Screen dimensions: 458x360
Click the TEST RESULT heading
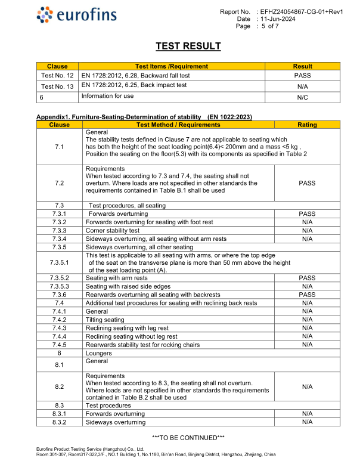pos(188,46)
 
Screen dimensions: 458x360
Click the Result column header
pos(302,66)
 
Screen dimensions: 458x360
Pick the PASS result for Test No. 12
pos(302,76)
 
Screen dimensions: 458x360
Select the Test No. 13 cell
pos(57,86)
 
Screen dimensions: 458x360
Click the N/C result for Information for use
pos(302,97)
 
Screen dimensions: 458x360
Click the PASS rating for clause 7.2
pos(307,183)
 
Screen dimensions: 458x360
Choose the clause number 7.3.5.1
pos(60,262)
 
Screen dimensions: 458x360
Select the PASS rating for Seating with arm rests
pos(307,278)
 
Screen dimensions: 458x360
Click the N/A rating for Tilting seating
pos(307,320)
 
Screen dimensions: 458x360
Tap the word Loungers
pos(99,353)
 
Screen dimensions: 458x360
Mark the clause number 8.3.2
pos(60,422)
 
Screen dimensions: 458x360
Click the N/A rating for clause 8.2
pos(307,386)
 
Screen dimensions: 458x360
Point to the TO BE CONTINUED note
pos(188,438)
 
